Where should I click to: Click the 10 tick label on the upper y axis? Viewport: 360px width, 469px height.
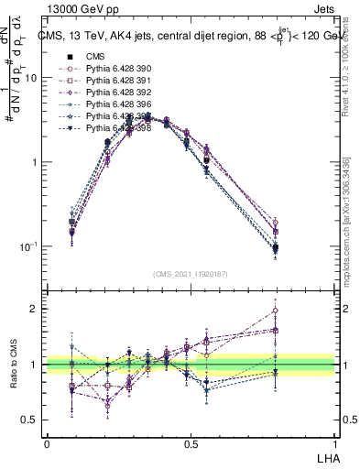31,78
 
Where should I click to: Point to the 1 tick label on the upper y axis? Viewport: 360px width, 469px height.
35,162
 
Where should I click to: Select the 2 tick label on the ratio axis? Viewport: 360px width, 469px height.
35,309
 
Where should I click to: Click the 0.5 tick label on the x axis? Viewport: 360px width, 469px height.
191,442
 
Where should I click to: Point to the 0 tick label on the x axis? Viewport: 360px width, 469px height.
47,442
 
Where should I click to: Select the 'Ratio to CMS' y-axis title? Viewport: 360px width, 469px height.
13,364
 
